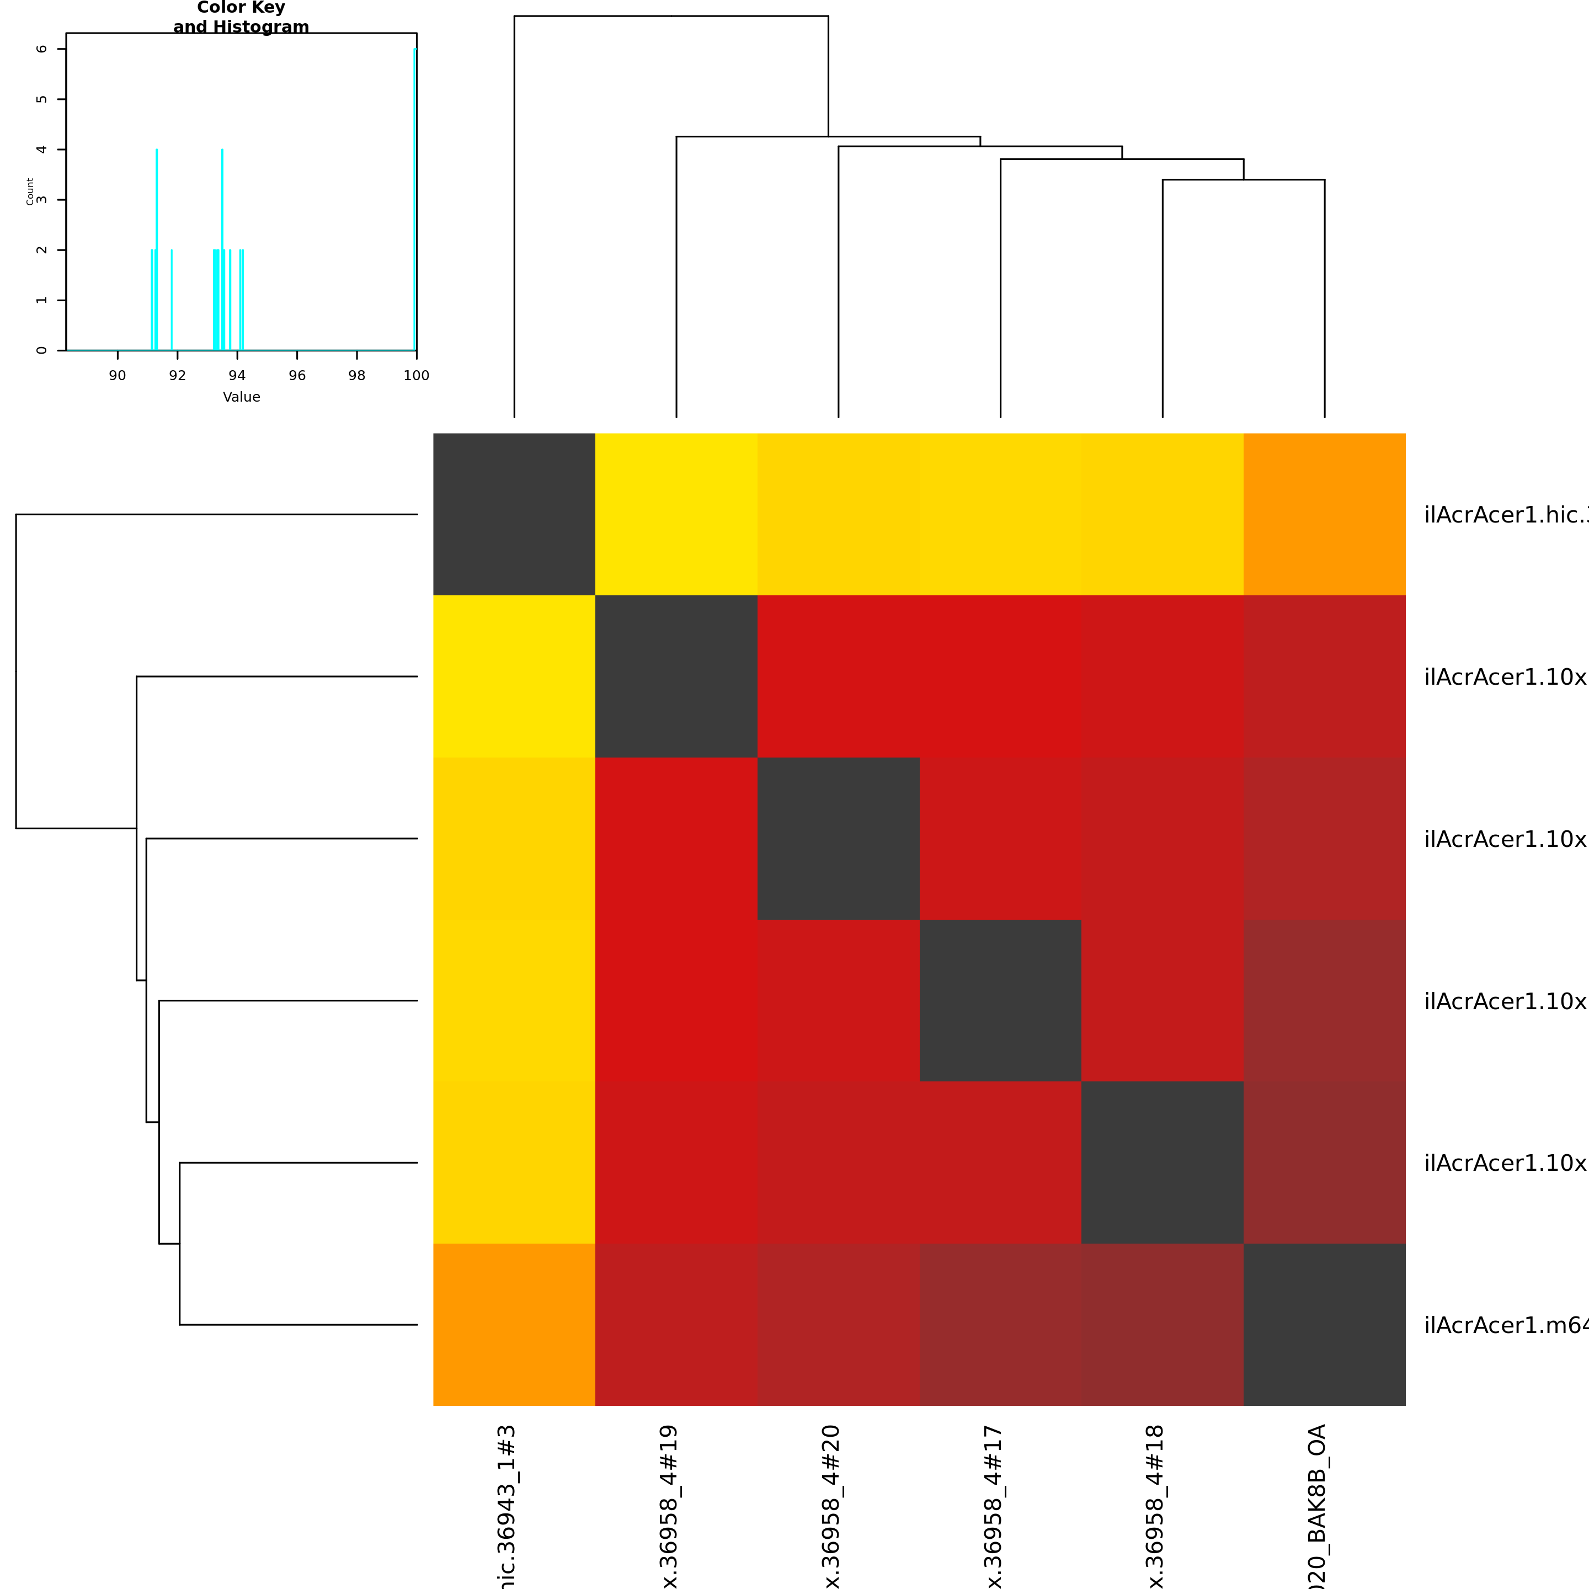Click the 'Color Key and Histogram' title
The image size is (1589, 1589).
[241, 17]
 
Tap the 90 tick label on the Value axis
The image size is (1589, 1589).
[118, 376]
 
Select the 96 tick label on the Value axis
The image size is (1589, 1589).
[297, 376]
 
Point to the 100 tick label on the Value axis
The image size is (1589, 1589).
[416, 376]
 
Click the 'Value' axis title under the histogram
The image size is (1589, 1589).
[241, 397]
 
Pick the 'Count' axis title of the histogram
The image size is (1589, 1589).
[30, 191]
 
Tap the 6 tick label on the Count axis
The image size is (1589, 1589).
[42, 49]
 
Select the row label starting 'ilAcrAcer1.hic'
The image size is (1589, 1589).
[1505, 515]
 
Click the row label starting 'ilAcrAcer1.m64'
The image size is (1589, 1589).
[1505, 1325]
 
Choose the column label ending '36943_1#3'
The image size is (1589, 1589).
[506, 1505]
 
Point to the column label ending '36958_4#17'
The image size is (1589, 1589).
[993, 1505]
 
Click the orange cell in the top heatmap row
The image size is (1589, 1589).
[1324, 514]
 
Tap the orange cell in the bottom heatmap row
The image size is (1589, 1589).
[514, 1324]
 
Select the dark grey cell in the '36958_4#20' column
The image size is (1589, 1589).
[838, 838]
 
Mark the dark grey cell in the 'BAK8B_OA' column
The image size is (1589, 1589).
[1324, 1324]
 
